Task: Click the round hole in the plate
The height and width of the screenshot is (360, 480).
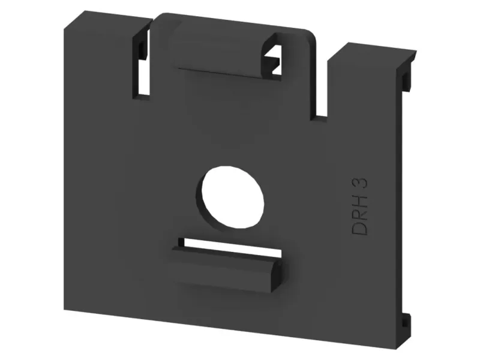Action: pos(233,197)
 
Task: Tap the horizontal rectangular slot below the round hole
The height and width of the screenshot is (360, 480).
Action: pos(230,247)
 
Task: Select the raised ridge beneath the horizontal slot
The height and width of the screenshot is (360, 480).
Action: pos(226,269)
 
